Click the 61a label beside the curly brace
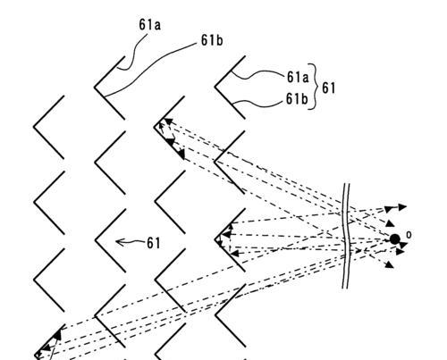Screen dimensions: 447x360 coord(298,78)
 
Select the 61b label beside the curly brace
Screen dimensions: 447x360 coord(297,99)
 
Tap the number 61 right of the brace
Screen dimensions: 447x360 coord(329,88)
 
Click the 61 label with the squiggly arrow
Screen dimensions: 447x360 coord(154,243)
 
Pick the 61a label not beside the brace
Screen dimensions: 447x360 coord(149,25)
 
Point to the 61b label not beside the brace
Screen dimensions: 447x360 coord(212,40)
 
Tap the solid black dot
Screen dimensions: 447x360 coord(395,239)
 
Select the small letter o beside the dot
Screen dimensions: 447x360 coord(409,235)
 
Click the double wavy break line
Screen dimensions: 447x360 coord(346,236)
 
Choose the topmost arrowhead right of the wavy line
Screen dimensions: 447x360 coord(402,207)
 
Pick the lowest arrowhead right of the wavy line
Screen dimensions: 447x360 coord(390,264)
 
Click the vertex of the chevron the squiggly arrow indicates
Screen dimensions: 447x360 coord(96,239)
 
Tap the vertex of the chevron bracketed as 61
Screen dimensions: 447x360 coord(215,88)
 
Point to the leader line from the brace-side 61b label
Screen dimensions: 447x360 coord(258,103)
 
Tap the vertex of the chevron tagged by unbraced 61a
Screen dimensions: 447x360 coord(95,88)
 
